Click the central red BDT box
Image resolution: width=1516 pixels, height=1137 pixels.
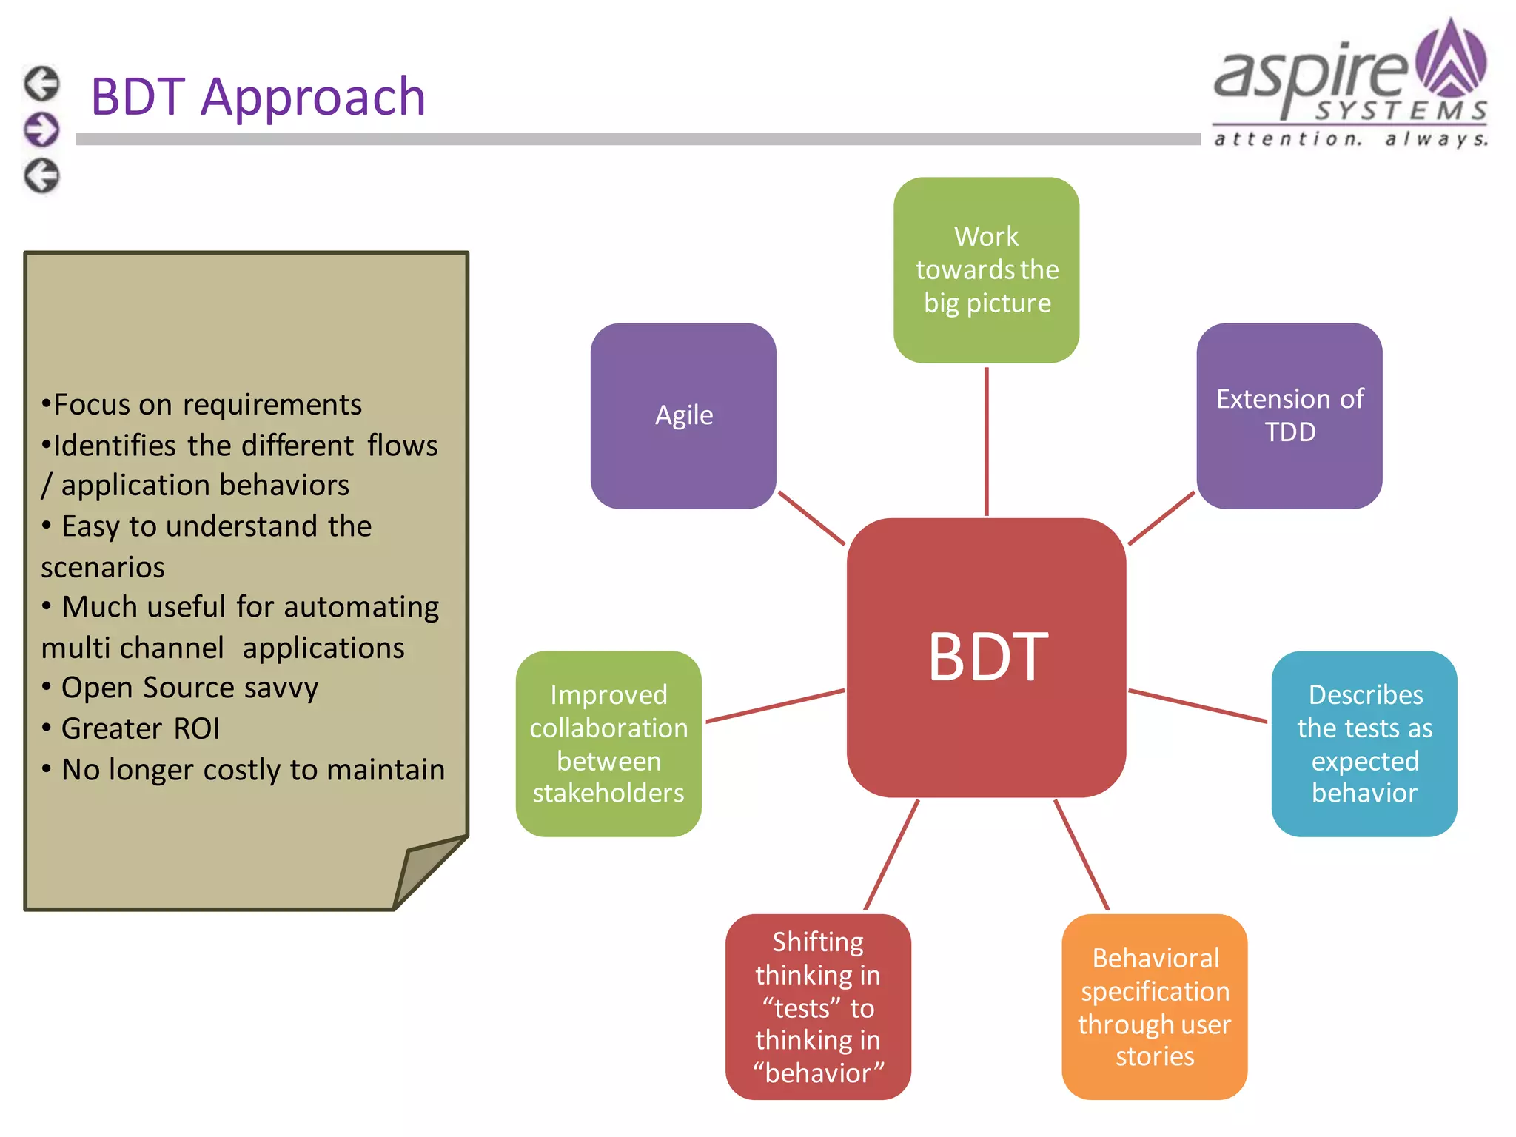point(987,657)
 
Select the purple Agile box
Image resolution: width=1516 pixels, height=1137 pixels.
point(683,415)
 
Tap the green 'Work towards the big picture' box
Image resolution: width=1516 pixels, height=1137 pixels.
point(986,269)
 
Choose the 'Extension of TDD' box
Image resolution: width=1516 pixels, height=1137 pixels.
point(1289,415)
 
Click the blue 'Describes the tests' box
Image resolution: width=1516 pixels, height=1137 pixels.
point(1364,743)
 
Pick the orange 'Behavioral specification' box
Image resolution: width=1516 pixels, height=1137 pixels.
point(1154,1006)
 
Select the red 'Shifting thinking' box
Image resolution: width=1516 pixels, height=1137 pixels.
point(818,1006)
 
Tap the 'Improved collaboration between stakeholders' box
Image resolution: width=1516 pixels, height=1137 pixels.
point(608,743)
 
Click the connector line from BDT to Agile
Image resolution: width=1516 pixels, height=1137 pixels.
point(811,518)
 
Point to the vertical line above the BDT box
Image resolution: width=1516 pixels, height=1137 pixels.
point(986,441)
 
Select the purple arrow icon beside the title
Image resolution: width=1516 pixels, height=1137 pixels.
point(41,130)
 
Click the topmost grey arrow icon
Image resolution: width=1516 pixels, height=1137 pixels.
point(41,83)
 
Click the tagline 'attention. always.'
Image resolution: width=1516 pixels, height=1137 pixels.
point(1351,138)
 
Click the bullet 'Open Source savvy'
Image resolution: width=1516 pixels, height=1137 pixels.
point(189,688)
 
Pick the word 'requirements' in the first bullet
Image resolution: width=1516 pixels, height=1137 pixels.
point(272,405)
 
